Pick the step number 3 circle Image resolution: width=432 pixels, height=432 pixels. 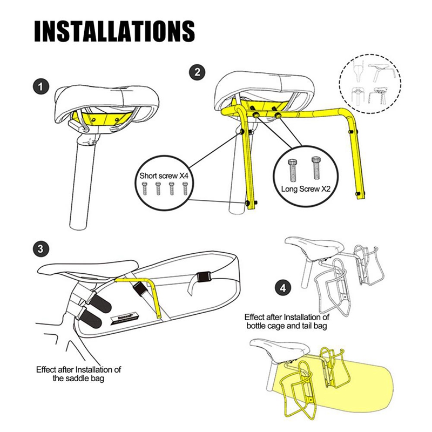pos(39,249)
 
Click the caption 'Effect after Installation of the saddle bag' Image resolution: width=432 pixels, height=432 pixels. pos(78,374)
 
